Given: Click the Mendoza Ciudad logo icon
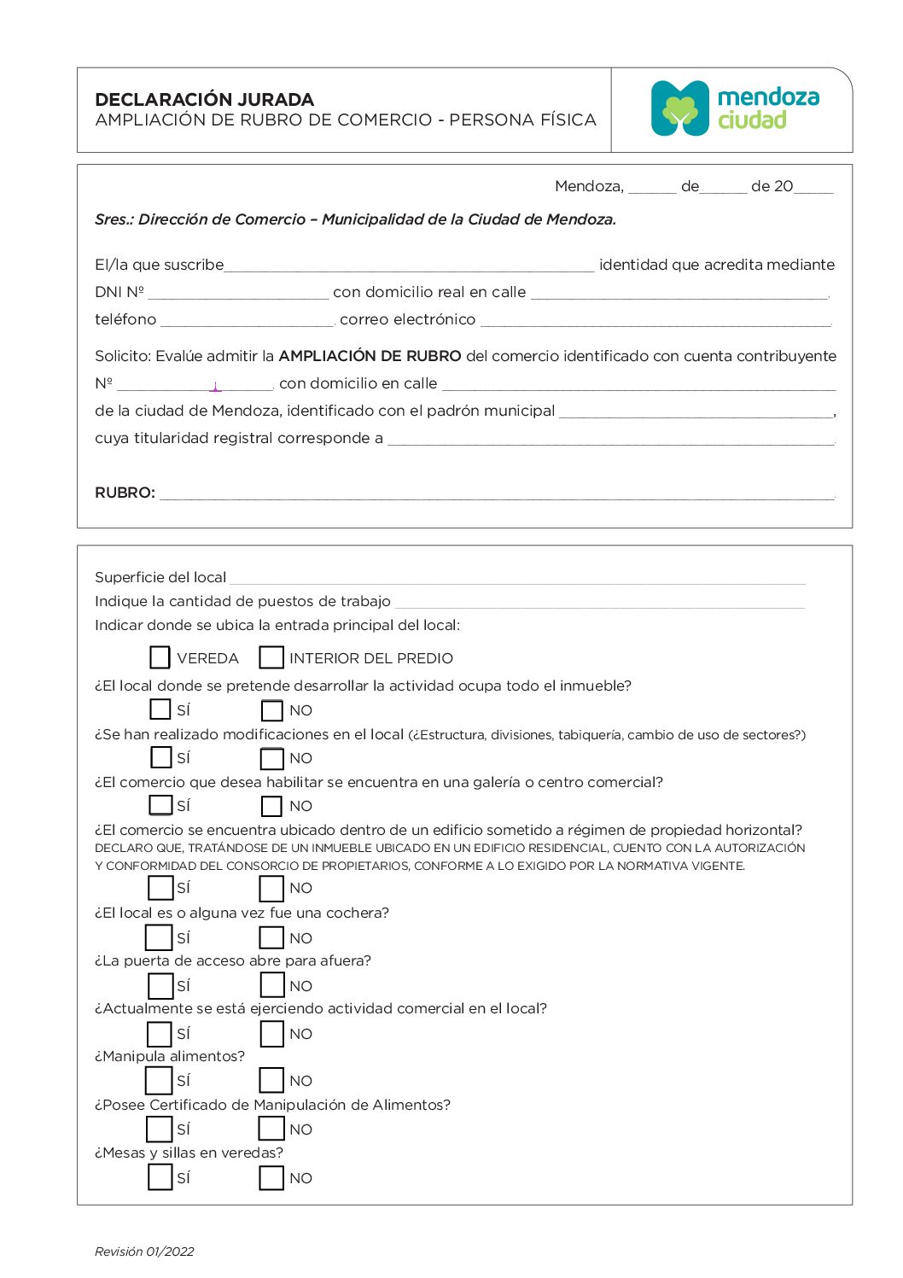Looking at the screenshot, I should click(680, 108).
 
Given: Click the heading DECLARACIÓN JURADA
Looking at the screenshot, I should click(204, 99).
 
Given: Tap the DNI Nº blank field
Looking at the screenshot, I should click(237, 292).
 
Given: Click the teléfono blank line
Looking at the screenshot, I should click(247, 319).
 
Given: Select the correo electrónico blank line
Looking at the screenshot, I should click(655, 319).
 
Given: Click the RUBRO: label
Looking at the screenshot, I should click(125, 493).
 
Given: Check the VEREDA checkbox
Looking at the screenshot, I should click(160, 657).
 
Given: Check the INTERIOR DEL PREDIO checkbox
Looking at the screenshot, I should click(271, 657).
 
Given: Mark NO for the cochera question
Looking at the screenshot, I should click(271, 937).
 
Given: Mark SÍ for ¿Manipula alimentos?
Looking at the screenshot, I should click(160, 1081).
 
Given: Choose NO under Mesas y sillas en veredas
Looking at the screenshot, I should click(271, 1178).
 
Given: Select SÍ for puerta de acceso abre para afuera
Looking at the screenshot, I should click(160, 986).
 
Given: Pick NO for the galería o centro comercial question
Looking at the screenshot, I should click(271, 806).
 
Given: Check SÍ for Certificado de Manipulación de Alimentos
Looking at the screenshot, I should click(160, 1129).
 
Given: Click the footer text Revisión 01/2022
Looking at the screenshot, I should click(144, 1252).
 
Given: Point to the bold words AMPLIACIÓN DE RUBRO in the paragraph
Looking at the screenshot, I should click(370, 356).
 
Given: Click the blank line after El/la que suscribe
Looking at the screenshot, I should click(409, 265).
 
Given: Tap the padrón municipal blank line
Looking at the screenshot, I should click(696, 411).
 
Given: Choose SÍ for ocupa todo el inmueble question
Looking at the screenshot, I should click(160, 709).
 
